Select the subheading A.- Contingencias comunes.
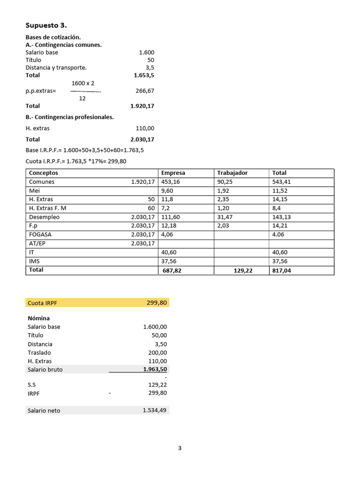(x=63, y=45)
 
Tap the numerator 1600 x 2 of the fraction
(x=83, y=83)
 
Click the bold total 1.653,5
(x=144, y=75)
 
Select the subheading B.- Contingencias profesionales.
(x=69, y=117)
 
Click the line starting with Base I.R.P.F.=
(x=84, y=150)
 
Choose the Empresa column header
(x=173, y=173)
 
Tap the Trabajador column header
(x=232, y=173)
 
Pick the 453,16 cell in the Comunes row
(x=170, y=182)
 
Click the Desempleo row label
(x=44, y=217)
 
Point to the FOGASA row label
(x=40, y=234)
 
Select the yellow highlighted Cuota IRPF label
(x=42, y=303)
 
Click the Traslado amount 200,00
(x=158, y=352)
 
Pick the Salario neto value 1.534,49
(x=155, y=411)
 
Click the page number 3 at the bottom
(x=180, y=448)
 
